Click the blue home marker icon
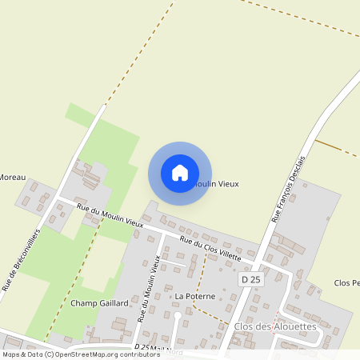pyautogui.click(x=180, y=173)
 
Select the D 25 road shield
pyautogui.click(x=250, y=279)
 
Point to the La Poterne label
pyautogui.click(x=195, y=296)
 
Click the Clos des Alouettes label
pyautogui.click(x=275, y=326)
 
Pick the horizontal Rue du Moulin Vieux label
pyautogui.click(x=110, y=217)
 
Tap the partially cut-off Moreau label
pyautogui.click(x=13, y=177)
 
